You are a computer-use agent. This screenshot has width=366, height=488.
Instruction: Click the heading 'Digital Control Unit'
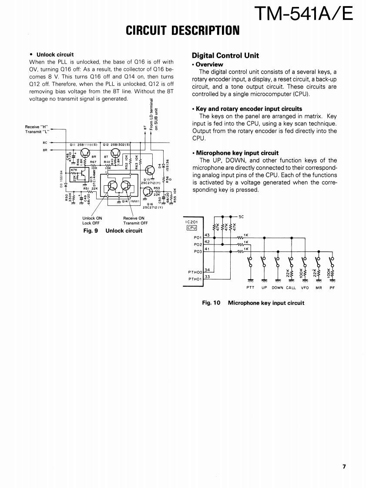(225, 55)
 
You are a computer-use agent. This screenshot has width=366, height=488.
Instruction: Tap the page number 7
(344, 466)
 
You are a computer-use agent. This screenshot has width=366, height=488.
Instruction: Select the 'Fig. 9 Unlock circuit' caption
(113, 231)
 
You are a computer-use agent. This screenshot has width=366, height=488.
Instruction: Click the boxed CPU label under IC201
(192, 227)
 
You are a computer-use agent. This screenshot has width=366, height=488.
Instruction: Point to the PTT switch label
(250, 287)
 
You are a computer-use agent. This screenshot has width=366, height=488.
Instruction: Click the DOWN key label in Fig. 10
(277, 287)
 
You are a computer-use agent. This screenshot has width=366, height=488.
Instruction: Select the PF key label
(332, 287)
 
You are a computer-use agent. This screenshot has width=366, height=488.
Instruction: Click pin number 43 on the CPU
(207, 235)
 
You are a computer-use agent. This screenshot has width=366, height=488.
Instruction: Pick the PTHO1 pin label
(195, 279)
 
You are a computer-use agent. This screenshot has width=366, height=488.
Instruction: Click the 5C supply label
(242, 216)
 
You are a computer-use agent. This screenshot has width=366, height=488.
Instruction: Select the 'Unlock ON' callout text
(92, 218)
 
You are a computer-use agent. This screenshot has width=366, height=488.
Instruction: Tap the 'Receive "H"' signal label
(37, 127)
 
